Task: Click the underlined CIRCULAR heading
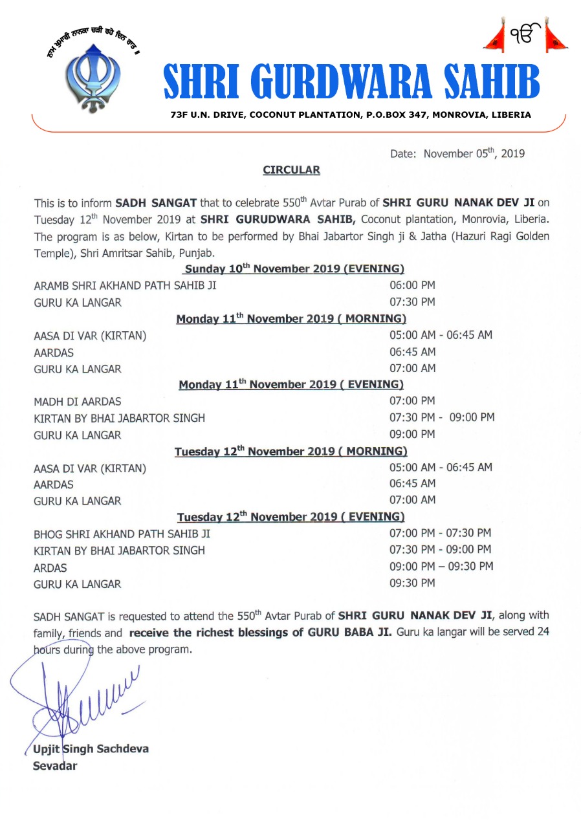[x=291, y=170]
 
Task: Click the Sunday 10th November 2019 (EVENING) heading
[x=294, y=269]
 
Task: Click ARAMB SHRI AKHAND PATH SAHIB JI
[x=125, y=286]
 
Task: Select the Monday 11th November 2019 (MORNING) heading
[x=291, y=319]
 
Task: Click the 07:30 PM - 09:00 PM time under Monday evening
[x=442, y=418]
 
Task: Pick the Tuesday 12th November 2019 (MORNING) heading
[x=290, y=451]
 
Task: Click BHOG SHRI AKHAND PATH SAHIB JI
[x=122, y=534]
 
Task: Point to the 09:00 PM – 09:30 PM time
[x=441, y=567]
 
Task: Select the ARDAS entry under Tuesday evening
[x=50, y=568]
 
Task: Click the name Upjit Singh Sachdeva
[x=91, y=749]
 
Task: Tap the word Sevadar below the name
[x=55, y=767]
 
